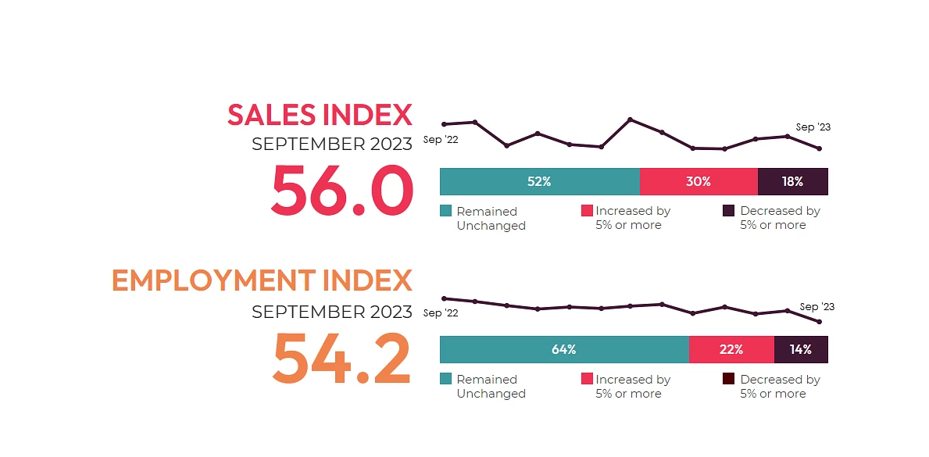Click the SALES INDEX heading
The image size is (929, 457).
pos(319,115)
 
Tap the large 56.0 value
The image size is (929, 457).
pos(341,192)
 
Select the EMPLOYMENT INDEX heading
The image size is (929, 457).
pos(261,280)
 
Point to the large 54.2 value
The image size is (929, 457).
pos(341,359)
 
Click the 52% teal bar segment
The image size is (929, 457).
pos(539,181)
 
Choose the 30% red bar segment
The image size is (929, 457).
pos(699,181)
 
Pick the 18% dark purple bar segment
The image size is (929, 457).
pos(792,181)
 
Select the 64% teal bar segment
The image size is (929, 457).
pos(563,349)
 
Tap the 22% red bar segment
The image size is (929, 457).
pos(731,349)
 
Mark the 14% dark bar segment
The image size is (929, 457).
pos(800,349)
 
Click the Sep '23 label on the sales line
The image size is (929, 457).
pos(813,127)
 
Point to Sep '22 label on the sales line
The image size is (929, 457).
pos(441,141)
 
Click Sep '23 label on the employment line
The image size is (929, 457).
pos(817,307)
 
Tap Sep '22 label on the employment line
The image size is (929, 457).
pos(441,313)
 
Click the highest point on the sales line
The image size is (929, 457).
pos(631,120)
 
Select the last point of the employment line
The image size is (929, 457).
pos(819,322)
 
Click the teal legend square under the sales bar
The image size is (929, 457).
pos(445,211)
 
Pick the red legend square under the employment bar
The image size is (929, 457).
pos(587,379)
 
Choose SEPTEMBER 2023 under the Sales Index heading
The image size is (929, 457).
pos(331,145)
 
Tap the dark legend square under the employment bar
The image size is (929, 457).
pos(728,379)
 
